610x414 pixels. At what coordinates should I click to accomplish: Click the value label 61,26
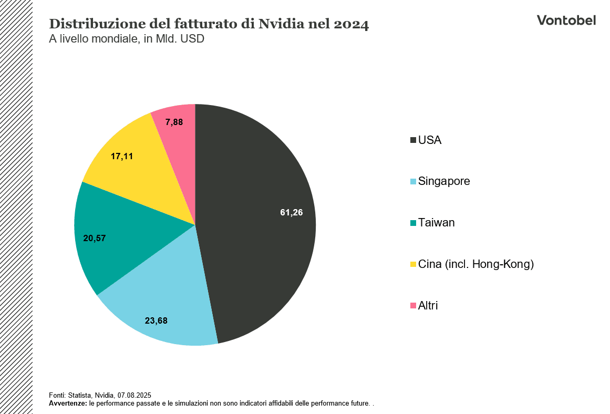coord(292,213)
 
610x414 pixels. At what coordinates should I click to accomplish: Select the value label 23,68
coord(156,320)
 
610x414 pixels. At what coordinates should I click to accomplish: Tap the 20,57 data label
coord(95,238)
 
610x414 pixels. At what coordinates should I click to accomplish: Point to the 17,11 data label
coord(121,156)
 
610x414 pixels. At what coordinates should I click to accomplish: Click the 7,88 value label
coord(174,122)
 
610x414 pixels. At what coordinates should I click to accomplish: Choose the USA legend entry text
coord(430,140)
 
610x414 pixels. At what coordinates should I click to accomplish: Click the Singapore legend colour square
coord(413,182)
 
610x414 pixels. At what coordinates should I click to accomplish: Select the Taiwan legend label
coord(436,223)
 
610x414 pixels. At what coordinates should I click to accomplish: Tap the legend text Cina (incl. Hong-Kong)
coord(475,264)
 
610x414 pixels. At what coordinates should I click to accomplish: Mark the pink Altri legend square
coord(413,306)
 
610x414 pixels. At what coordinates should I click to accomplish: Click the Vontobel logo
coord(566,20)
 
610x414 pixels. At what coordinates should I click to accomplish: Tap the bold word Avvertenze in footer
coord(68,403)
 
